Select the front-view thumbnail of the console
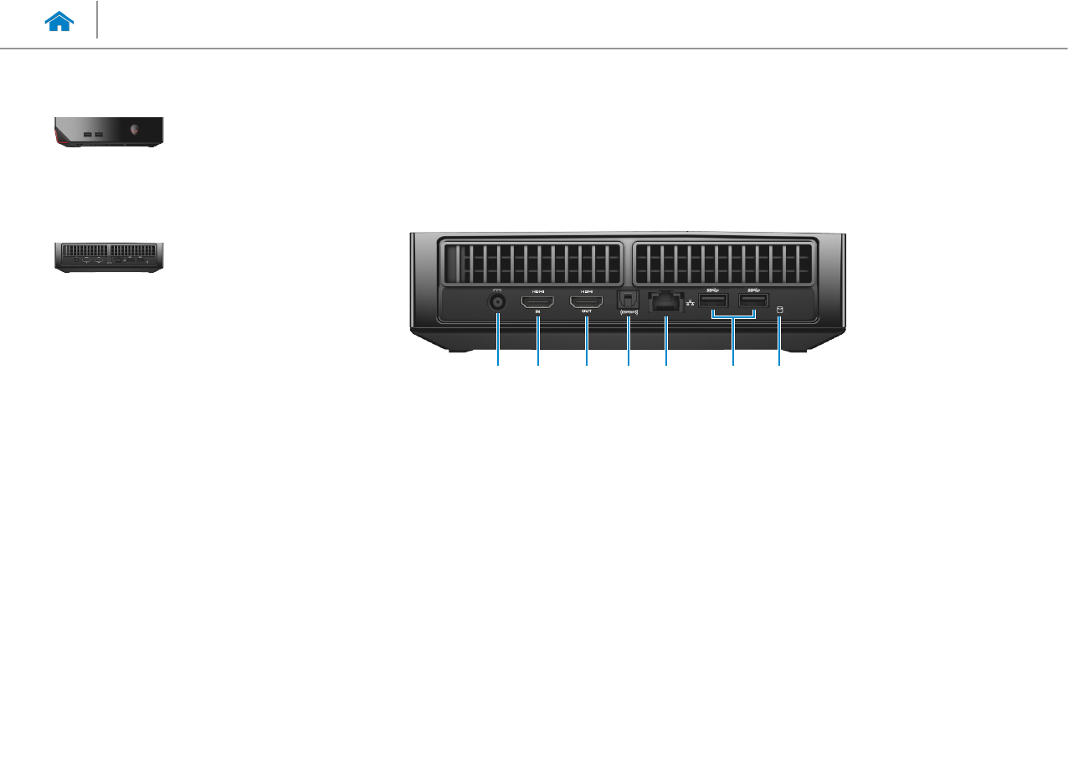(x=109, y=132)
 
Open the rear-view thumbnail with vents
(x=109, y=257)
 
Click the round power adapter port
(x=499, y=303)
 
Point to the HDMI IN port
(x=538, y=300)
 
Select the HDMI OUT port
(x=587, y=300)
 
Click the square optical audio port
(x=628, y=299)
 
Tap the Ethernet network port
(x=665, y=301)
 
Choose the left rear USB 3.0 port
(x=712, y=300)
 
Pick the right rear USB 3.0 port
(x=753, y=300)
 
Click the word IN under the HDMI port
(x=538, y=311)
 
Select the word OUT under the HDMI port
(x=587, y=311)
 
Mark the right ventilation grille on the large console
(x=723, y=263)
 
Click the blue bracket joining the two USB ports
(x=733, y=317)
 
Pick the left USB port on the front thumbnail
(x=88, y=134)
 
